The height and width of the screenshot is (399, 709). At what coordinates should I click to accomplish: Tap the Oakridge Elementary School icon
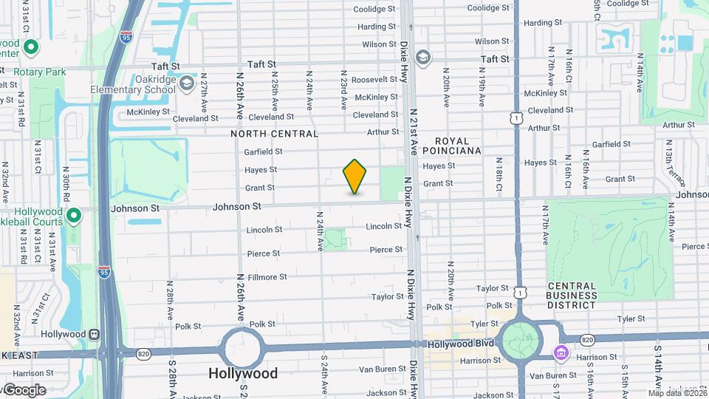(x=186, y=81)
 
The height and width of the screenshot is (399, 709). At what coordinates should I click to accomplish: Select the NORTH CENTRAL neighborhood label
(x=274, y=134)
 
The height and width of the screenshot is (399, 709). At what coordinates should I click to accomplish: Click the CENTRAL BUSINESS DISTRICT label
(x=572, y=296)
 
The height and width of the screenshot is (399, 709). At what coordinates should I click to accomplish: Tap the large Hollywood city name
(x=243, y=374)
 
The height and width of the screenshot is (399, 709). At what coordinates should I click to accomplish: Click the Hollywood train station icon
(x=94, y=334)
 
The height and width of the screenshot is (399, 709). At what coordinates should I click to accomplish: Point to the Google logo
(x=24, y=390)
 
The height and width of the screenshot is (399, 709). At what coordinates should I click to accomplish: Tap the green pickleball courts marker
(x=73, y=216)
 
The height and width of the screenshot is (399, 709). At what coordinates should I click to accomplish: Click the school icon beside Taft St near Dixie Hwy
(x=422, y=57)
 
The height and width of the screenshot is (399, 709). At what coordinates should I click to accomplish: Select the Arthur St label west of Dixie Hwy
(x=383, y=132)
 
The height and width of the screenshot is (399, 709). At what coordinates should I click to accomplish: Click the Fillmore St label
(x=267, y=277)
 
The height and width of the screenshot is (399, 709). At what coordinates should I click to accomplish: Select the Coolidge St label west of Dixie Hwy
(x=374, y=10)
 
